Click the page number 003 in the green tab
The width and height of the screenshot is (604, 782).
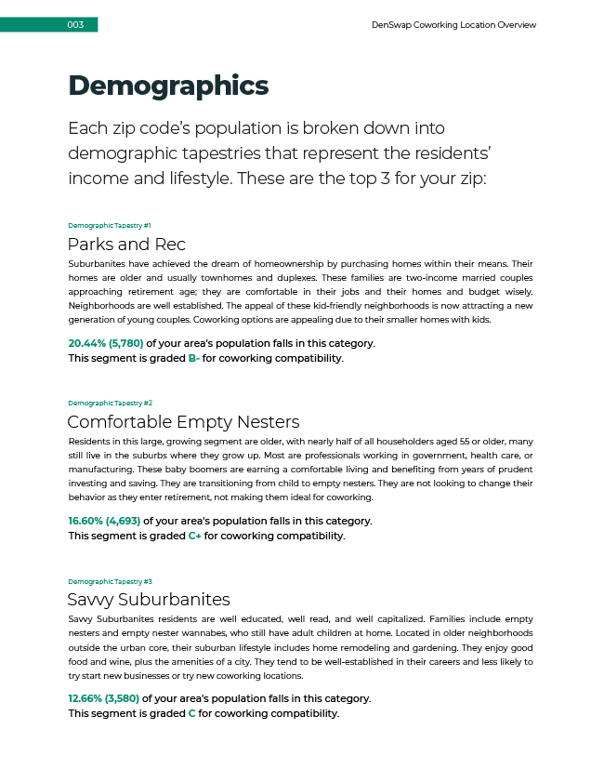click(76, 25)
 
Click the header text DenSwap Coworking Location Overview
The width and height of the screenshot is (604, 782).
click(453, 25)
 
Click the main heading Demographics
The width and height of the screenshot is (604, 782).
click(168, 86)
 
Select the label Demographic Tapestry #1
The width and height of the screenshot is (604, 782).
click(110, 226)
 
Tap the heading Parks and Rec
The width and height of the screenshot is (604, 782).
click(126, 245)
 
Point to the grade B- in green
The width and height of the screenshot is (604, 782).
click(193, 358)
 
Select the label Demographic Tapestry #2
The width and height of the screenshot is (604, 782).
click(110, 403)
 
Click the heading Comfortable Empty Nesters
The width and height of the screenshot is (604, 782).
click(183, 422)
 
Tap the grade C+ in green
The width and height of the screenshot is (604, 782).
click(195, 536)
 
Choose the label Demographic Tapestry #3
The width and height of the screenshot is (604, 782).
click(110, 581)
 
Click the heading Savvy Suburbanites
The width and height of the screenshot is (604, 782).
click(149, 599)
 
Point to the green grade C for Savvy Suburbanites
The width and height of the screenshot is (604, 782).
click(191, 714)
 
